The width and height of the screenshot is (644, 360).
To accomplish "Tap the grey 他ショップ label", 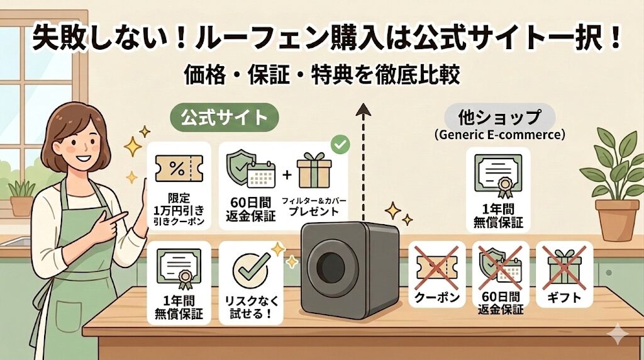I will tap(500, 118).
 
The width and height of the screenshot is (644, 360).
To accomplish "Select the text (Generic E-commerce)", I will tap(500, 134).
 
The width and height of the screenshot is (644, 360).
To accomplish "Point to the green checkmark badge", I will tap(340, 145).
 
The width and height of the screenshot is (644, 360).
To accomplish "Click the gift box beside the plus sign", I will tap(314, 170).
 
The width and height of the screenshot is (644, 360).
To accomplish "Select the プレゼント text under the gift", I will tap(314, 212).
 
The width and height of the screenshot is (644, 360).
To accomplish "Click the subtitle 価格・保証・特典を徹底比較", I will tap(321, 75).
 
